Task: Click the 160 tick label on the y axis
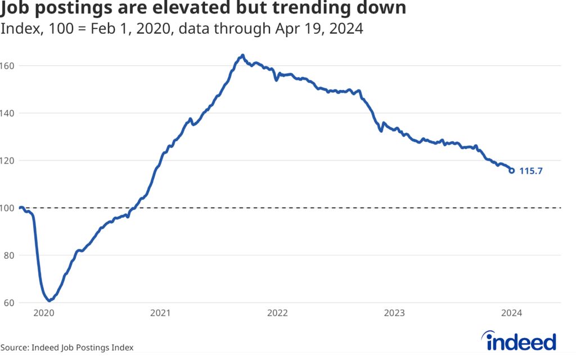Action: click(8, 66)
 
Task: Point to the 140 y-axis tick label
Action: click(8, 113)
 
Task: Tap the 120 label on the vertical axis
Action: click(8, 160)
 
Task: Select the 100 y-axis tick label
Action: click(8, 208)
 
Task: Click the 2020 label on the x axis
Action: click(44, 312)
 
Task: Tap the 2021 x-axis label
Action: click(161, 312)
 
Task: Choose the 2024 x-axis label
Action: click(511, 312)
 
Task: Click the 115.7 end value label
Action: click(530, 171)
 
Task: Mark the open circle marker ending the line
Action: click(511, 170)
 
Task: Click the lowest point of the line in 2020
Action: click(49, 300)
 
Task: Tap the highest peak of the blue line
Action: click(242, 55)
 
